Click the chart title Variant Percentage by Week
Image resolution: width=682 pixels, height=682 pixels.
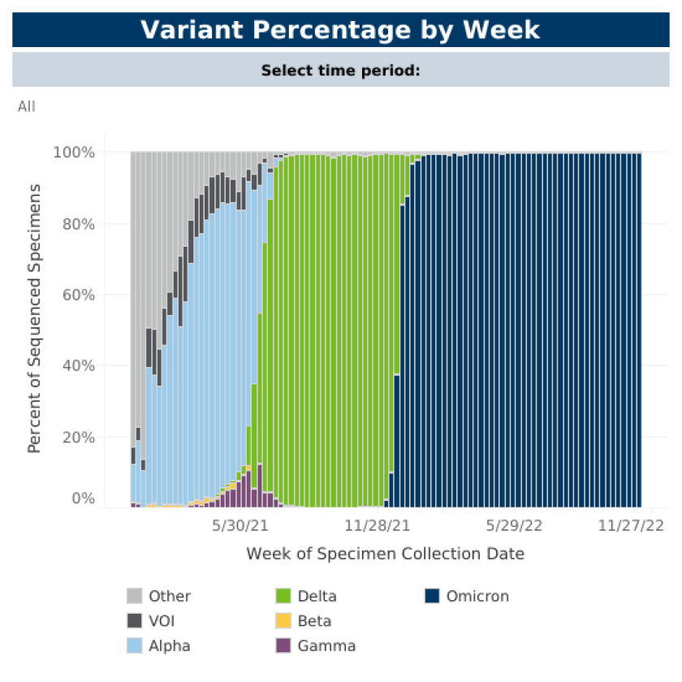point(340,30)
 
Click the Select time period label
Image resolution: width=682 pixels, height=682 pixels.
point(340,71)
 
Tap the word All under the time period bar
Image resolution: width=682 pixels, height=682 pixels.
point(27,106)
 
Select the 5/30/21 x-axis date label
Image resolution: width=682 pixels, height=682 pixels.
point(240,526)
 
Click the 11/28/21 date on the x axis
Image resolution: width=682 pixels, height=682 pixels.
point(377,526)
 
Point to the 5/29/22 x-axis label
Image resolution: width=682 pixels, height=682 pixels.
point(514,526)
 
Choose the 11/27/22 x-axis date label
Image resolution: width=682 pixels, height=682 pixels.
point(631,526)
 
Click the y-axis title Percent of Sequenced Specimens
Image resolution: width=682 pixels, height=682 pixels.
point(35,318)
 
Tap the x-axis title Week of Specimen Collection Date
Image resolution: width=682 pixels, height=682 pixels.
point(385,555)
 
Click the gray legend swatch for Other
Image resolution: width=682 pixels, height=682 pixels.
point(135,597)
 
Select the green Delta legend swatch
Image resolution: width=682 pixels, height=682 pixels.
point(284,597)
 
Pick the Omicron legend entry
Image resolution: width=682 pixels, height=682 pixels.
point(467,597)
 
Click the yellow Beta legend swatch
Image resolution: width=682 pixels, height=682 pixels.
point(284,621)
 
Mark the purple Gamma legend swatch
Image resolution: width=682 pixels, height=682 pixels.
point(284,646)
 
